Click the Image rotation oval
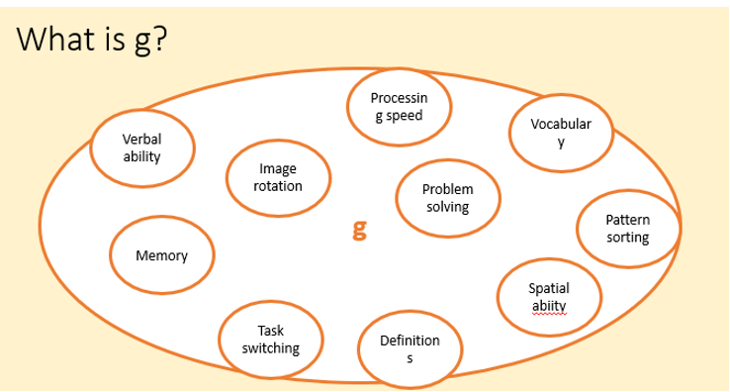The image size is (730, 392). (278, 178)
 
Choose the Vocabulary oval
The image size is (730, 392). (561, 133)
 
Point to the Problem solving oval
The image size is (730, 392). (447, 198)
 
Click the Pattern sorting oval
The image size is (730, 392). (627, 230)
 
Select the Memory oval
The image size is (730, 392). (161, 256)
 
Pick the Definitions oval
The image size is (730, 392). (410, 347)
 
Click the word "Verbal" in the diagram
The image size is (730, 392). (142, 141)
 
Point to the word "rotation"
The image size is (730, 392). (278, 186)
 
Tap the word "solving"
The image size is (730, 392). (447, 207)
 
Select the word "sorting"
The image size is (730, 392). (627, 239)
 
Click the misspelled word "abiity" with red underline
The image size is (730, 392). (548, 305)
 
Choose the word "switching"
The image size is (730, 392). (271, 348)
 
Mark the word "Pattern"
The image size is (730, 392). (627, 221)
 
